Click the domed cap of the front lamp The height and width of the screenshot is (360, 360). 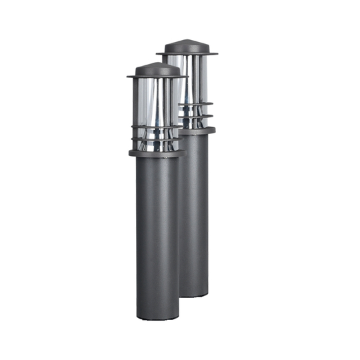[157, 69]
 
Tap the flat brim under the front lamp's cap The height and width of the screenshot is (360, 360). [157, 77]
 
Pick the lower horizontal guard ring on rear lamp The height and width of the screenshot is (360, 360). [197, 117]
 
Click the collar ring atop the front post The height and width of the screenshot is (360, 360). [157, 153]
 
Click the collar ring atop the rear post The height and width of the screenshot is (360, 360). [199, 131]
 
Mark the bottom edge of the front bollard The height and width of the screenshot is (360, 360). [157, 318]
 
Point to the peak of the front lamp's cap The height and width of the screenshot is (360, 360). [158, 63]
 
